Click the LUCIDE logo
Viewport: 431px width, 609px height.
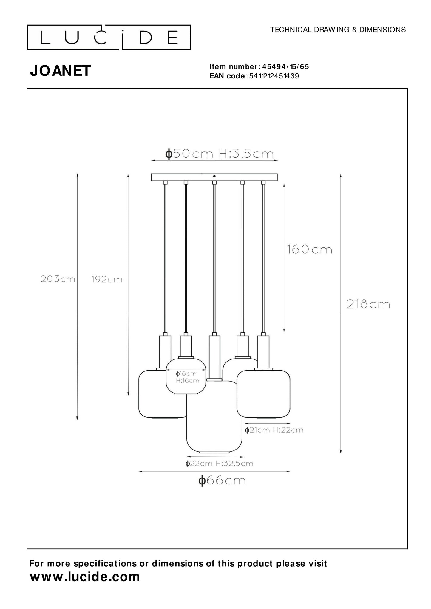(x=109, y=38)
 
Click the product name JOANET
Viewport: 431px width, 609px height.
(x=60, y=71)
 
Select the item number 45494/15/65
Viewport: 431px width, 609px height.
(x=285, y=67)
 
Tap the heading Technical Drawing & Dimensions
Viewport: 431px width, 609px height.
(x=338, y=30)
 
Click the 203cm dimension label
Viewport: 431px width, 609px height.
(x=58, y=279)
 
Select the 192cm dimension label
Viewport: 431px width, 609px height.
(x=106, y=279)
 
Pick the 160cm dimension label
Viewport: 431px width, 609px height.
(x=309, y=249)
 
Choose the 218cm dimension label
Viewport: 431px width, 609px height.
(x=368, y=304)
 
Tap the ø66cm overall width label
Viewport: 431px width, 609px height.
(x=222, y=481)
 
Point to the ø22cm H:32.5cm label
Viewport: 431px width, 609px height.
(x=219, y=463)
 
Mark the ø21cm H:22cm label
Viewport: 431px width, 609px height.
(x=274, y=430)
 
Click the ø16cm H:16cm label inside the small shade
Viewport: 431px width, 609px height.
(x=187, y=377)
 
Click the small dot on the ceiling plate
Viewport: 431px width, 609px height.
(x=214, y=176)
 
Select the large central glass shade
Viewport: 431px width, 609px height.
(x=214, y=426)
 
